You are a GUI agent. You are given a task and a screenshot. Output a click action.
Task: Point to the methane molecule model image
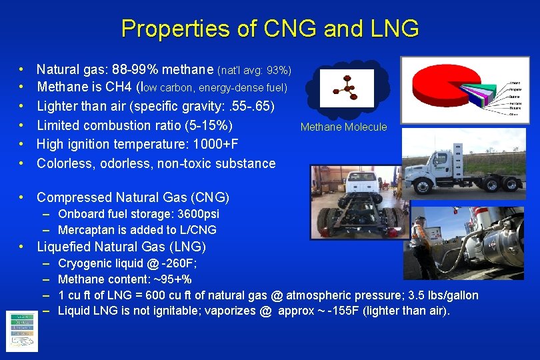(346, 86)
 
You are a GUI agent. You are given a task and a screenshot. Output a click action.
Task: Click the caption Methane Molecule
(343, 127)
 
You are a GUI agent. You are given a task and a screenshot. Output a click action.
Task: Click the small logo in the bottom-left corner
(21, 331)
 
